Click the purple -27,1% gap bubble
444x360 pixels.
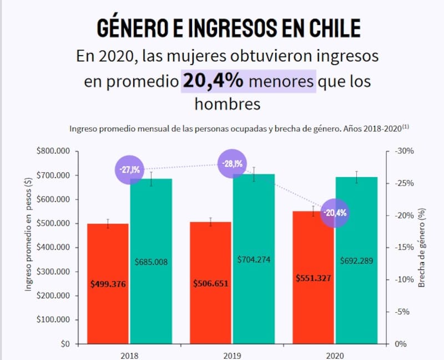click(x=129, y=168)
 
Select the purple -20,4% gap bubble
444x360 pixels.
click(x=335, y=212)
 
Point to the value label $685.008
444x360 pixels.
click(x=151, y=262)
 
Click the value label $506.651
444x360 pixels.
click(x=211, y=283)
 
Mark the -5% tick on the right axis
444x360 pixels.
click(x=402, y=312)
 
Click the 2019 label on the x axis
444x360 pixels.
click(x=232, y=354)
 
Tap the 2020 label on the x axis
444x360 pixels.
click(x=335, y=354)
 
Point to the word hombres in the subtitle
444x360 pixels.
click(x=227, y=103)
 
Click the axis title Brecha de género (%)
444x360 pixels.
click(x=422, y=248)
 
